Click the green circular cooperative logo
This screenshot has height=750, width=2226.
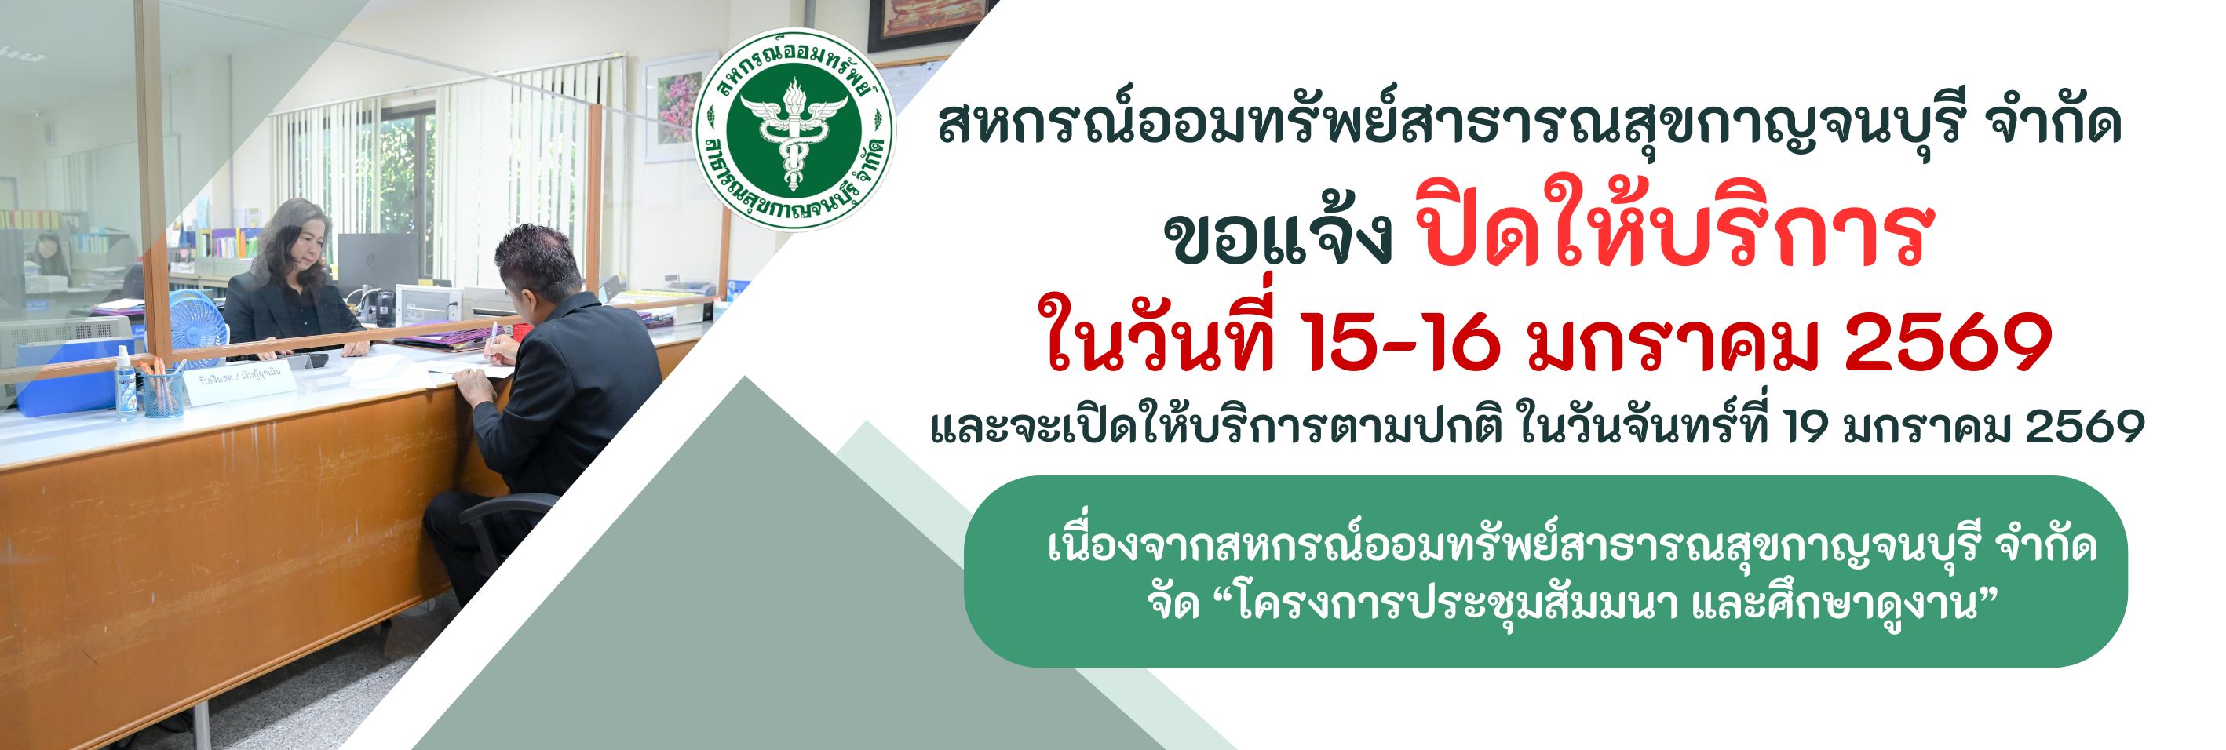pyautogui.click(x=794, y=130)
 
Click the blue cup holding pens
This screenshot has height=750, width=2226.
pyautogui.click(x=162, y=394)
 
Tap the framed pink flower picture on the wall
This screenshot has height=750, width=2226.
pyautogui.click(x=677, y=108)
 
